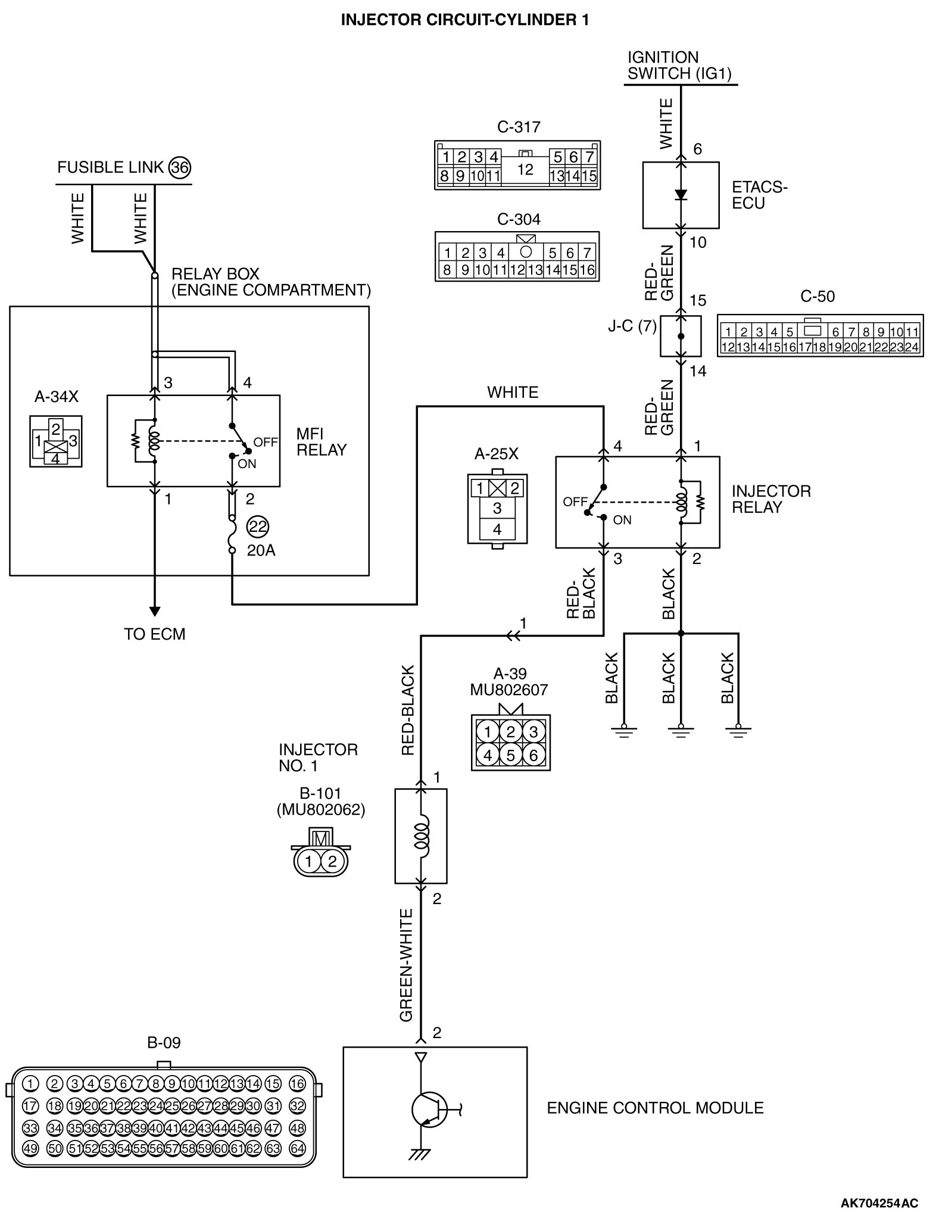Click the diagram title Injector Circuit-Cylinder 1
pyautogui.click(x=464, y=20)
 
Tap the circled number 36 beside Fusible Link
pyautogui.click(x=179, y=167)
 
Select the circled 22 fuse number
pyautogui.click(x=258, y=526)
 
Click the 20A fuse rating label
pyautogui.click(x=261, y=550)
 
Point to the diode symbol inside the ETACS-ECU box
pyautogui.click(x=681, y=195)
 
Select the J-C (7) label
pyautogui.click(x=632, y=326)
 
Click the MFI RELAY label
pyautogui.click(x=321, y=442)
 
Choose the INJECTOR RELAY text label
pyautogui.click(x=771, y=499)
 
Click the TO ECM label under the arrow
pyautogui.click(x=155, y=634)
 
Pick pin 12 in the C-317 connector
pyautogui.click(x=525, y=170)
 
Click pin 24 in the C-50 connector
pyautogui.click(x=912, y=347)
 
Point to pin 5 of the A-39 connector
pyautogui.click(x=510, y=755)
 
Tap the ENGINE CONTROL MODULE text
pyautogui.click(x=655, y=1108)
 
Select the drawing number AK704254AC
pyautogui.click(x=879, y=1203)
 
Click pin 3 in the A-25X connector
pyautogui.click(x=497, y=508)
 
